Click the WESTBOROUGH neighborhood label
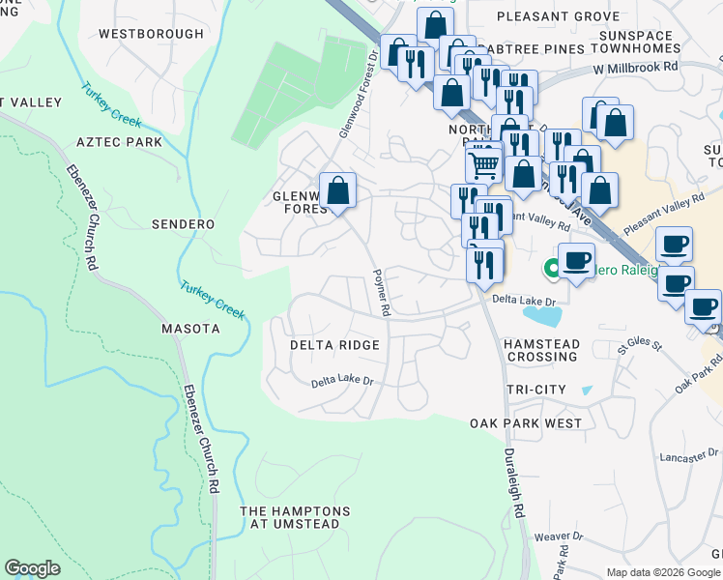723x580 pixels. [152, 34]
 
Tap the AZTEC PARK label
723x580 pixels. [120, 142]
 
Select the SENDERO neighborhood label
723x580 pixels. [183, 224]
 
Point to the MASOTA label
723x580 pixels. [190, 329]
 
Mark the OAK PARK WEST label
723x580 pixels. [526, 423]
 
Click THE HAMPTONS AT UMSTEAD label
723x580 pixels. [289, 517]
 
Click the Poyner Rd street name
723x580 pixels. [382, 293]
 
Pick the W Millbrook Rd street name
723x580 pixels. [638, 69]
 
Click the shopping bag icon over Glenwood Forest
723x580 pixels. [337, 190]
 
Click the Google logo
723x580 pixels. [32, 568]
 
